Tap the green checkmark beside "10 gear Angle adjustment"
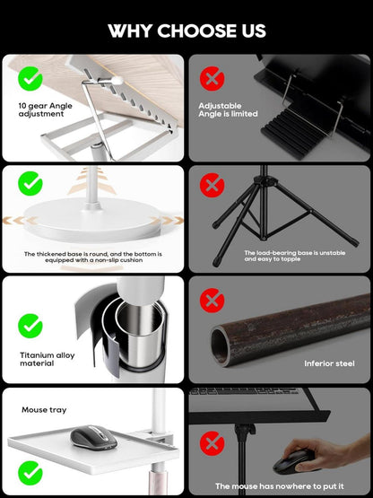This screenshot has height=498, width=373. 30,78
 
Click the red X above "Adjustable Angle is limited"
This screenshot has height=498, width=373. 213,78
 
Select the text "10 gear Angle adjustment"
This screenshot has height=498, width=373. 45,109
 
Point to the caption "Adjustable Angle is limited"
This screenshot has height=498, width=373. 228,109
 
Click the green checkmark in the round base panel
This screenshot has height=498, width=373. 30,183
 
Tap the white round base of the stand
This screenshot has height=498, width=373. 92,220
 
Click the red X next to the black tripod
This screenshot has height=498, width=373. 213,185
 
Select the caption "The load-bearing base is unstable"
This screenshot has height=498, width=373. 295,253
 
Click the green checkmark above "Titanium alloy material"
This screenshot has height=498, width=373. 30,326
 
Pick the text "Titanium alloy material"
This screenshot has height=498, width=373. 47,359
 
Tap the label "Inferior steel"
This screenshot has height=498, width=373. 329,363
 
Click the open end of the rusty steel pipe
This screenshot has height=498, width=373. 221,346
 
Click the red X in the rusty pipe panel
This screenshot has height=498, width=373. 213,300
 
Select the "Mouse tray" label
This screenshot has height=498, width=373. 44,410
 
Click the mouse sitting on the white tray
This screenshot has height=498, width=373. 93,438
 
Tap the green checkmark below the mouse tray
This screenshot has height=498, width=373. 30,473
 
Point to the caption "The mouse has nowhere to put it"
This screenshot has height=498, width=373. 280,486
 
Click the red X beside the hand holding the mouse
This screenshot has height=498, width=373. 213,443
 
